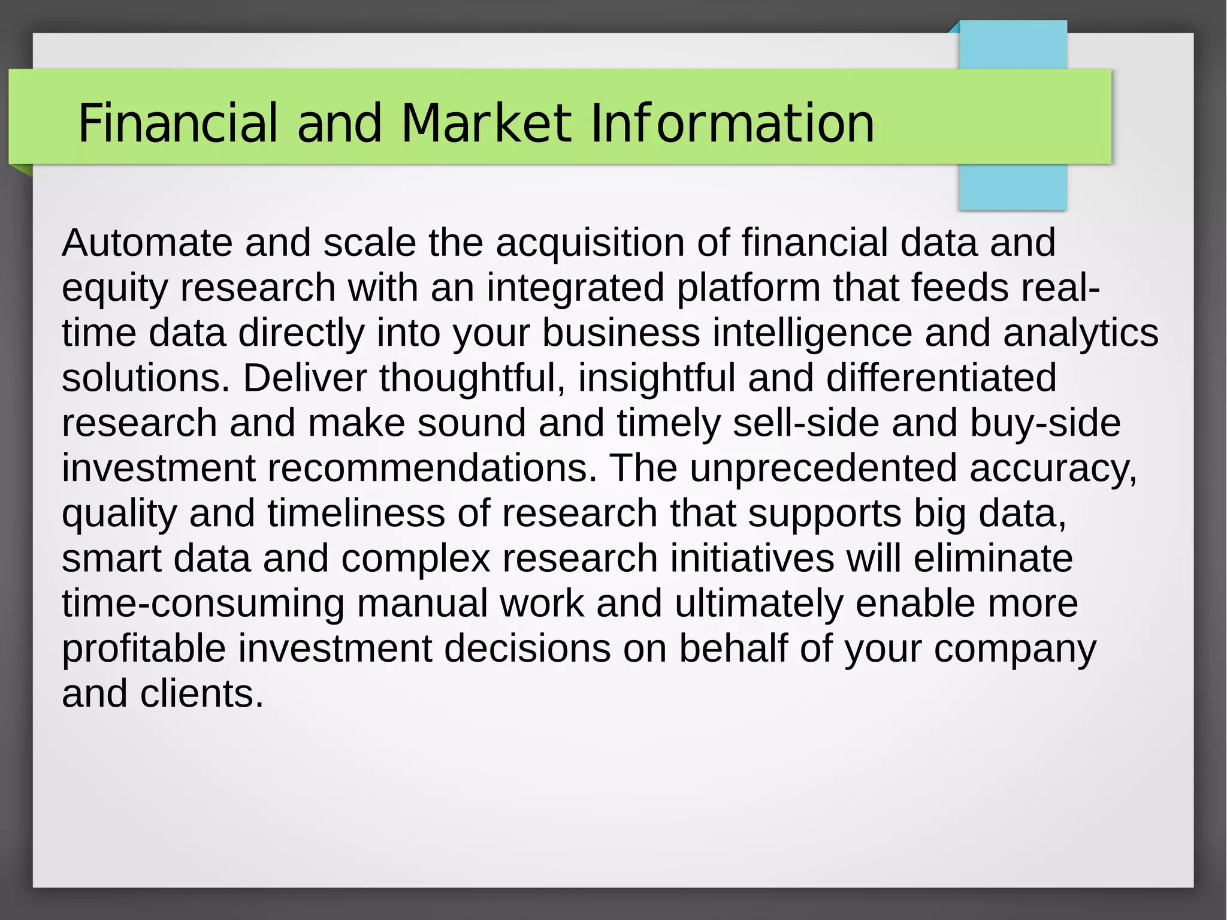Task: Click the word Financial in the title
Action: click(x=178, y=123)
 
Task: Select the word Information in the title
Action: click(x=732, y=123)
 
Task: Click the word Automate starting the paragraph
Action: click(x=147, y=243)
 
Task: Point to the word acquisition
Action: click(x=590, y=243)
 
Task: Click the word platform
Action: click(x=748, y=288)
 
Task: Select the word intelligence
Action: click(x=812, y=333)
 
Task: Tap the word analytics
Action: click(x=1081, y=333)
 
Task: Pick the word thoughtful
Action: click(x=472, y=378)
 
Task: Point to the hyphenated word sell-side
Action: click(x=806, y=423)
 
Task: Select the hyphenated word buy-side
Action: click(x=1045, y=423)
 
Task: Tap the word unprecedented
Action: click(x=823, y=468)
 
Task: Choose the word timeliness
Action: click(x=356, y=514)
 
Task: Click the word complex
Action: click(x=416, y=559)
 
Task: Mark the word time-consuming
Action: click(x=203, y=604)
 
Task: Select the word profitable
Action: click(x=144, y=648)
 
